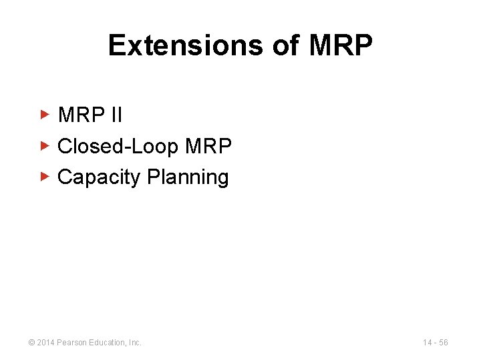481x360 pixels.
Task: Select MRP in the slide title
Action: [341, 45]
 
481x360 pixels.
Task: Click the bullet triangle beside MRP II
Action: [45, 115]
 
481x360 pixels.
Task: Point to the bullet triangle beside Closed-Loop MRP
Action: [45, 145]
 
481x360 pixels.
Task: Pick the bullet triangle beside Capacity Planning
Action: [45, 177]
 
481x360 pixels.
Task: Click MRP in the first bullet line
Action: [82, 115]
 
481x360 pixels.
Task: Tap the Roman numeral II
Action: [116, 115]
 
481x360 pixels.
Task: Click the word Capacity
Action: [100, 177]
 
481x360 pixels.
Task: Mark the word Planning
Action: [188, 177]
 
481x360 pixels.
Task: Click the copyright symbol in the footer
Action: [31, 343]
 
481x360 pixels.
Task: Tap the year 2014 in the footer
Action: [46, 343]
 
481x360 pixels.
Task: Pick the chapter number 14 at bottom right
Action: [428, 343]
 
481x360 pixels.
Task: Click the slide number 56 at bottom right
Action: [444, 343]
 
